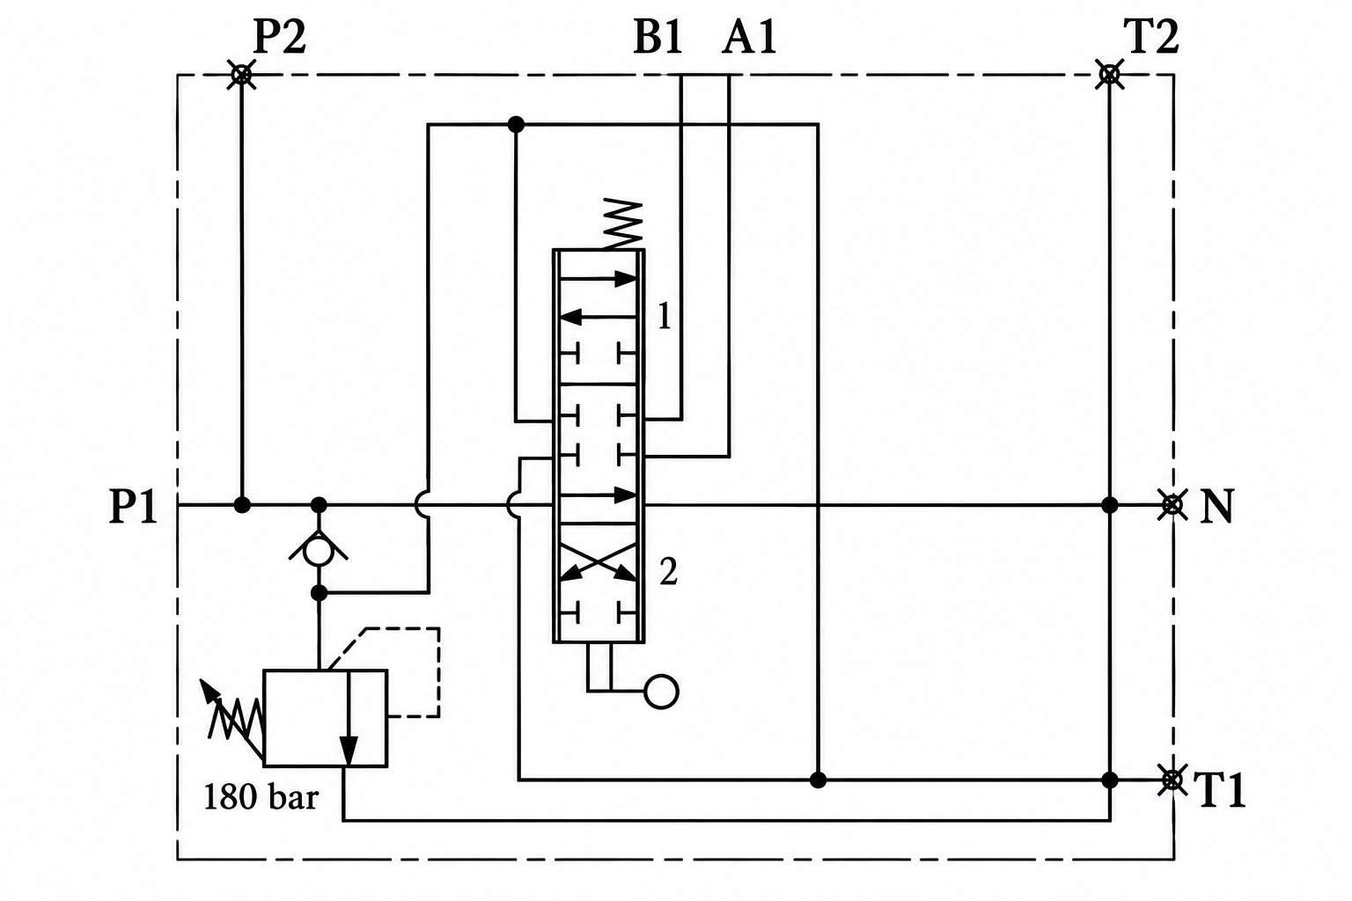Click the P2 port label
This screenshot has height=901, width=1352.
(x=279, y=38)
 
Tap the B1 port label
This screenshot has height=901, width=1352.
(x=658, y=38)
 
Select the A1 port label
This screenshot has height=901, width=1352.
(x=749, y=38)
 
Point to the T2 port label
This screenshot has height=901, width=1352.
(x=1151, y=38)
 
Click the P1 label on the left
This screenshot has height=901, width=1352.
(x=134, y=506)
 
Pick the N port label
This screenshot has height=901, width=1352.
(x=1216, y=506)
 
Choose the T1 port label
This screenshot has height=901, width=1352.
(x=1219, y=789)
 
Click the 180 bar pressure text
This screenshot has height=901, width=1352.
(x=261, y=796)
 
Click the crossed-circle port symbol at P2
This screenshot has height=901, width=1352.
(x=241, y=75)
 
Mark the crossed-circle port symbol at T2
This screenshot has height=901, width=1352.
(x=1109, y=75)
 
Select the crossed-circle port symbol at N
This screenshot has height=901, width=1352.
(x=1172, y=505)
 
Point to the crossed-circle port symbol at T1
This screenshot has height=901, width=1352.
(x=1172, y=780)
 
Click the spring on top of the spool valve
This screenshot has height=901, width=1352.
(x=622, y=223)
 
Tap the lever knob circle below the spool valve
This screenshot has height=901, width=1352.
(x=662, y=691)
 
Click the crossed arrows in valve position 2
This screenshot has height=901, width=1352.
(x=599, y=562)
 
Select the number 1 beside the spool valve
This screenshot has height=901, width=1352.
(x=665, y=316)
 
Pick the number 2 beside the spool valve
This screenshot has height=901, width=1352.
(x=668, y=572)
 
